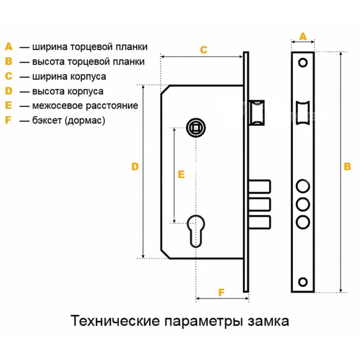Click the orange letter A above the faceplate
tap(303, 36)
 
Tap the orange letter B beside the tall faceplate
tap(347, 166)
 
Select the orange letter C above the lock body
tap(204, 49)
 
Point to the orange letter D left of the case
tap(135, 166)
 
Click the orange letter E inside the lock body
tap(181, 175)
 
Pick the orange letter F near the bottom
tap(221, 292)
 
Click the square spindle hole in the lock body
tap(196, 128)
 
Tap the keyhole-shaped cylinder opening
tap(196, 231)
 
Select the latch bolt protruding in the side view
tap(256, 113)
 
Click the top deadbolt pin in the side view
tap(260, 186)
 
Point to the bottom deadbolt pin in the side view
tap(260, 222)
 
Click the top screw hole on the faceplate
tap(302, 63)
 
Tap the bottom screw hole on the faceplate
tap(302, 282)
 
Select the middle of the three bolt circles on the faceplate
tap(303, 204)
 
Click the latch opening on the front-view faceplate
tap(303, 113)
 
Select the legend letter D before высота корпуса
tap(9, 91)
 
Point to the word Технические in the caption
tap(115, 320)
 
